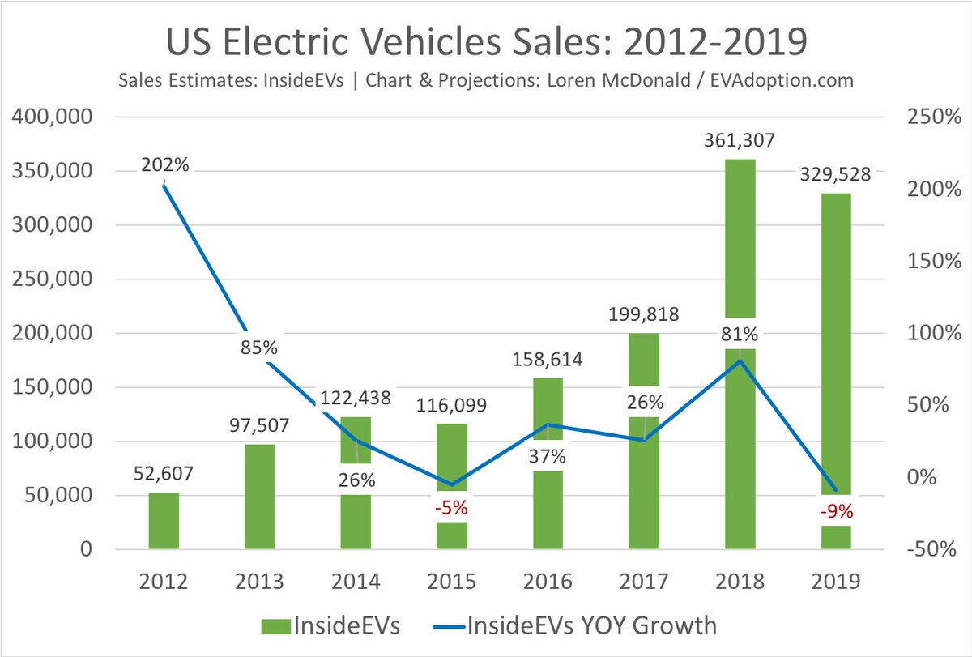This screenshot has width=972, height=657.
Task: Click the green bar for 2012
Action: coord(164,521)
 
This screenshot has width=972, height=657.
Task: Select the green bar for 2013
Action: coord(259,497)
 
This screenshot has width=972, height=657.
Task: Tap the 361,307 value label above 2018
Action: coord(740,140)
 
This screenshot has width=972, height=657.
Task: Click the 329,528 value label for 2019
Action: coord(836,175)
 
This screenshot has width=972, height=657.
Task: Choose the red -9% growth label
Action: coord(836,511)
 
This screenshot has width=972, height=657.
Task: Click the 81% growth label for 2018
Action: coord(740,333)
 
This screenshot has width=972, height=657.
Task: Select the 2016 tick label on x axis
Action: coord(548,582)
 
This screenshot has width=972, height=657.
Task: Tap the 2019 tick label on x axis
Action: coord(836,582)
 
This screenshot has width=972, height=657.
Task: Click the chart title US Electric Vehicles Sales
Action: coord(486,42)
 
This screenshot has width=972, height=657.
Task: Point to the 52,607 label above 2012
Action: coord(164,474)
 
